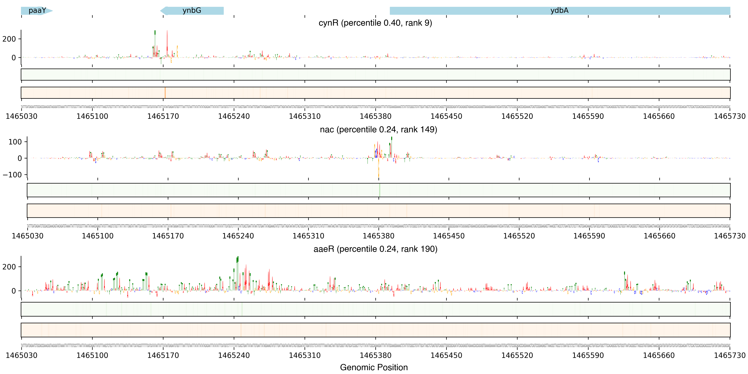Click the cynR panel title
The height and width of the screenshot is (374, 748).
coord(375,23)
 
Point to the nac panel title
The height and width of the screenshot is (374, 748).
coord(378,130)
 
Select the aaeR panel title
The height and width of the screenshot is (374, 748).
coord(375,249)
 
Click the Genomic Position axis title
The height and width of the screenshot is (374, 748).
coord(374,367)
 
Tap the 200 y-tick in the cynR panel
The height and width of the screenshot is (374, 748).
coord(9,39)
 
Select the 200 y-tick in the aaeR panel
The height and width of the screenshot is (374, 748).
coord(9,267)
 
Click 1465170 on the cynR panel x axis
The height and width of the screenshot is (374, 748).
coord(163,116)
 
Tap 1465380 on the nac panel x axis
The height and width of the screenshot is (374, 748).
coord(378,236)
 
